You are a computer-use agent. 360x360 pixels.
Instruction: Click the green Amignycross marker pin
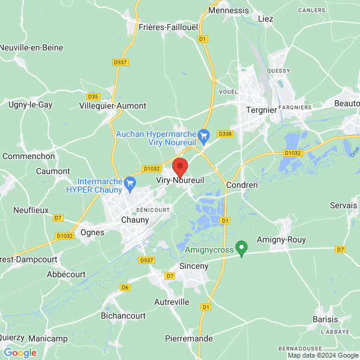(241, 247)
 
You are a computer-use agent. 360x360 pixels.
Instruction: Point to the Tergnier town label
(262, 110)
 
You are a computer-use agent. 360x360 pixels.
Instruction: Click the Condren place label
(242, 185)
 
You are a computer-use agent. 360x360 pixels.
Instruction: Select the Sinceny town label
(193, 265)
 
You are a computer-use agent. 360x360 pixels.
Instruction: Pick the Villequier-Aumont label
(113, 106)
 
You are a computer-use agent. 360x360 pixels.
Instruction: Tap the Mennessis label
(228, 10)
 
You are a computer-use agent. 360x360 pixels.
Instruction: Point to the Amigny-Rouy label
(281, 239)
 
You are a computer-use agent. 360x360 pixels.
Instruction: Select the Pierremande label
(189, 338)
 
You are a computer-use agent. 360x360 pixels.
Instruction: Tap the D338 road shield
(225, 133)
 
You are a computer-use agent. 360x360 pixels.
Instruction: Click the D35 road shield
(93, 96)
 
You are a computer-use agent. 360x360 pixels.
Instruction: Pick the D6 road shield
(125, 287)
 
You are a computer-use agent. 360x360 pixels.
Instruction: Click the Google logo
(20, 352)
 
